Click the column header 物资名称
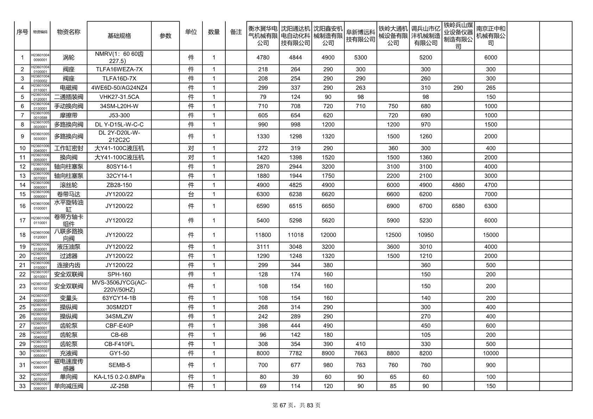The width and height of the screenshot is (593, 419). pyautogui.click(x=69, y=32)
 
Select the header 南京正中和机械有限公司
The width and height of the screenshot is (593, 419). pyautogui.click(x=491, y=36)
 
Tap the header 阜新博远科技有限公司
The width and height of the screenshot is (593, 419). pyautogui.click(x=360, y=36)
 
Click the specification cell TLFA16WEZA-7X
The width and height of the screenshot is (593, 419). pyautogui.click(x=119, y=69)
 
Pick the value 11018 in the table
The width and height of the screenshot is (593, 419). pyautogui.click(x=295, y=235)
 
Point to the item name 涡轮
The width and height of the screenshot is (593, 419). pyautogui.click(x=69, y=58)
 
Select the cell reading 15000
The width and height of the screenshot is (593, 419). pyautogui.click(x=491, y=235)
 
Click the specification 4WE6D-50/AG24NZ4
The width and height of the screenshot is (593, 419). pyautogui.click(x=119, y=88)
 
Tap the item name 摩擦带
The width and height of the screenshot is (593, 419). pyautogui.click(x=69, y=115)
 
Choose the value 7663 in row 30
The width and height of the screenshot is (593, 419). pyautogui.click(x=360, y=353)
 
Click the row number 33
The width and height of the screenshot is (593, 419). pyautogui.click(x=23, y=386)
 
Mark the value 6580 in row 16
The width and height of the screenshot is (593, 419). pyautogui.click(x=458, y=206)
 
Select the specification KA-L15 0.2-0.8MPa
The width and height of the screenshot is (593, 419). pyautogui.click(x=119, y=377)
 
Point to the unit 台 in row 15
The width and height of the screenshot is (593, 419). pyautogui.click(x=191, y=194)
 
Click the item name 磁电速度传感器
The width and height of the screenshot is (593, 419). pyautogui.click(x=69, y=365)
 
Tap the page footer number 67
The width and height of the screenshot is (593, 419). pyautogui.click(x=283, y=405)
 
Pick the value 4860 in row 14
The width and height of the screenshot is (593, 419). pyautogui.click(x=458, y=185)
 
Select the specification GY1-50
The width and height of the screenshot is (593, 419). pyautogui.click(x=119, y=353)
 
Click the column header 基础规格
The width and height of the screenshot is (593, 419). pyautogui.click(x=119, y=36)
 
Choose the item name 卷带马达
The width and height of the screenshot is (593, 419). pyautogui.click(x=69, y=194)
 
